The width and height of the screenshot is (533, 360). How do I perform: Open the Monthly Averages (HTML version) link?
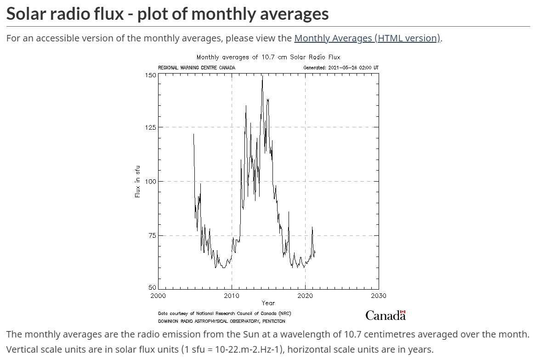(x=367, y=38)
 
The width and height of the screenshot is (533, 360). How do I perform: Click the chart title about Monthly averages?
(x=268, y=57)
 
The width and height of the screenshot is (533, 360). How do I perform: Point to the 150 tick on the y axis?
(x=150, y=74)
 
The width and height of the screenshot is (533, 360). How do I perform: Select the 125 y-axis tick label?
(x=150, y=127)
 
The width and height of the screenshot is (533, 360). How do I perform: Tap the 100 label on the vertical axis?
(x=150, y=181)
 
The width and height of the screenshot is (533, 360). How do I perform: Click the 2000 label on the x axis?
(x=158, y=296)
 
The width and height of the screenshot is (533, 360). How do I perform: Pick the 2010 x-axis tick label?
(x=232, y=296)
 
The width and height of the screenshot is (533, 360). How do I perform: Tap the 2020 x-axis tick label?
(x=305, y=296)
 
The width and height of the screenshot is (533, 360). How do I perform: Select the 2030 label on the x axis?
(x=379, y=296)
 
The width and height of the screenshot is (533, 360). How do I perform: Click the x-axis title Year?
(x=268, y=303)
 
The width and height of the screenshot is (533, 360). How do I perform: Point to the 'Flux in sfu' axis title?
(x=137, y=181)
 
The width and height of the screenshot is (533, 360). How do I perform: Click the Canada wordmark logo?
(x=386, y=315)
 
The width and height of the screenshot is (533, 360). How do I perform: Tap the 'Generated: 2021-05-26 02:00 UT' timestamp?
(x=341, y=68)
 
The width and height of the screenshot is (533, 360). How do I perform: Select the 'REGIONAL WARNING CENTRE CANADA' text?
(x=197, y=68)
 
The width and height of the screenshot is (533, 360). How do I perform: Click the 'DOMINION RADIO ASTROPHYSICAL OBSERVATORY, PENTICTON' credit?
(x=221, y=321)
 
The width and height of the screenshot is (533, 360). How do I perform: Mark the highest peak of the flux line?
(x=262, y=76)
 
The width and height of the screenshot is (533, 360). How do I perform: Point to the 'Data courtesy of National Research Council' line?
(x=224, y=314)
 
